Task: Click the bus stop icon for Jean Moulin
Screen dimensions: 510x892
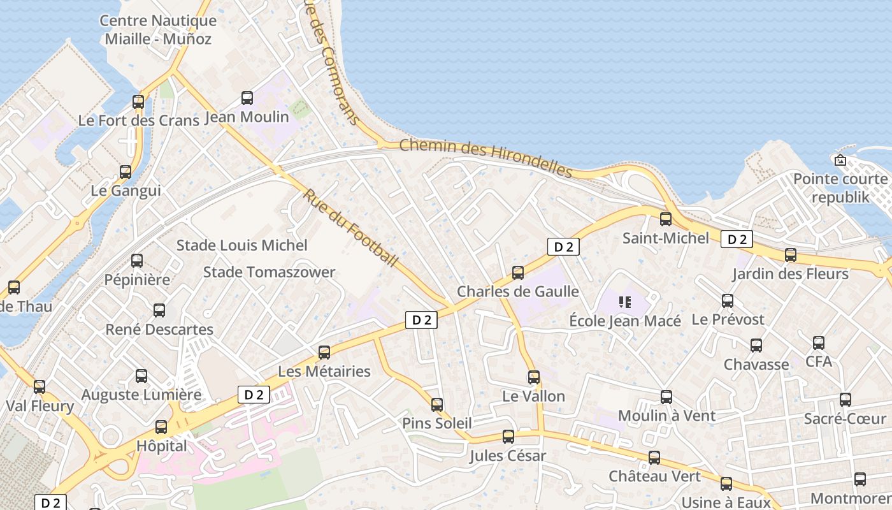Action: (247, 98)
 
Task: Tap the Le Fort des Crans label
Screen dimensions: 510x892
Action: (130, 120)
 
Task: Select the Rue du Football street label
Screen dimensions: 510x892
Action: (350, 228)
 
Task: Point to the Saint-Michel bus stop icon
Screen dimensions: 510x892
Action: (666, 219)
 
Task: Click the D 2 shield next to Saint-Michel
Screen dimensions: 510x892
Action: (737, 240)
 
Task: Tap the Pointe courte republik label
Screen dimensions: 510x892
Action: (840, 188)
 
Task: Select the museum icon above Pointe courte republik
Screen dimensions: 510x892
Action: (840, 159)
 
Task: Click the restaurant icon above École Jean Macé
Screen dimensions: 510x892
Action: (624, 302)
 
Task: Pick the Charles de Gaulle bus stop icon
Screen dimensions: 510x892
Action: (518, 273)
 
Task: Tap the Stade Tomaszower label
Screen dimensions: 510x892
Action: (269, 272)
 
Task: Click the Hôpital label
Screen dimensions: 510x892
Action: (162, 446)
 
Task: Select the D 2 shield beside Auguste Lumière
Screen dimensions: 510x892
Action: (254, 395)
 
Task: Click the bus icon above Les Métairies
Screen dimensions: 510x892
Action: (324, 352)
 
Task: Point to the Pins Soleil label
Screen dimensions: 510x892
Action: (436, 423)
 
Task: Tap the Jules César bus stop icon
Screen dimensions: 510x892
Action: (508, 437)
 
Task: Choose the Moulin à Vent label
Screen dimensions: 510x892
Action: (666, 416)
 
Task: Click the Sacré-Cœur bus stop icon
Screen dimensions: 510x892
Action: (845, 400)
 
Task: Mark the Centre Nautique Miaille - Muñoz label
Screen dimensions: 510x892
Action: (158, 29)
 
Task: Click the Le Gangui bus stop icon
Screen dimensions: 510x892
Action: (126, 172)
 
